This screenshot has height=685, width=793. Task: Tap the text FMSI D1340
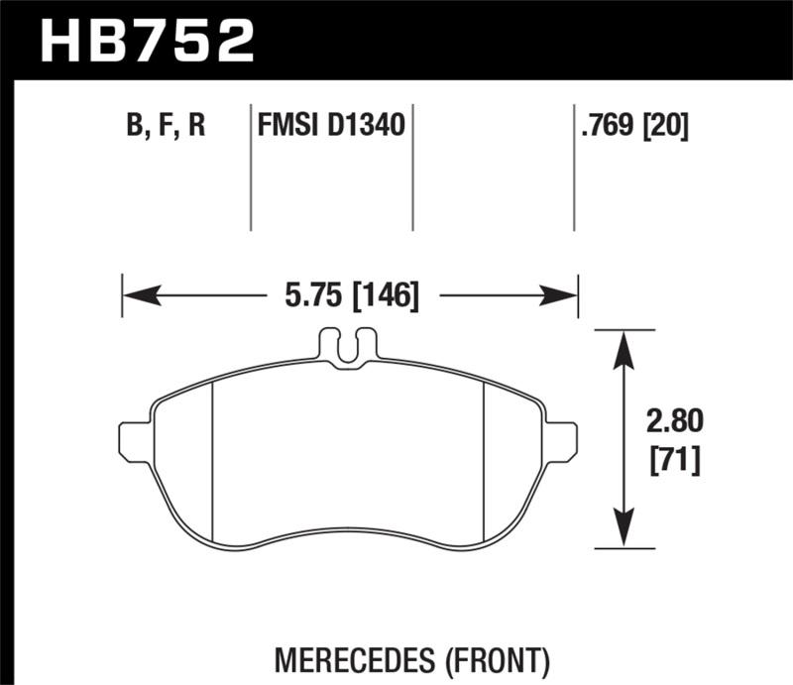click(329, 128)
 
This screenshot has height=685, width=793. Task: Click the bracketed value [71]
click(674, 461)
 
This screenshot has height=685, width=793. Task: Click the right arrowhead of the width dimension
click(564, 294)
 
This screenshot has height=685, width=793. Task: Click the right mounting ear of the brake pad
click(562, 441)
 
